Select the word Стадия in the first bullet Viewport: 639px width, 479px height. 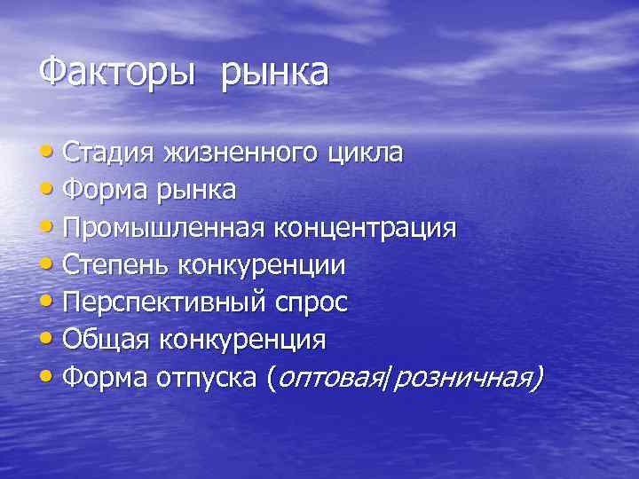pos(109,153)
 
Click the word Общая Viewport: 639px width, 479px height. pos(106,340)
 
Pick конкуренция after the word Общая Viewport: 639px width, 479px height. pos(241,341)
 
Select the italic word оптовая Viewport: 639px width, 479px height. pos(330,379)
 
